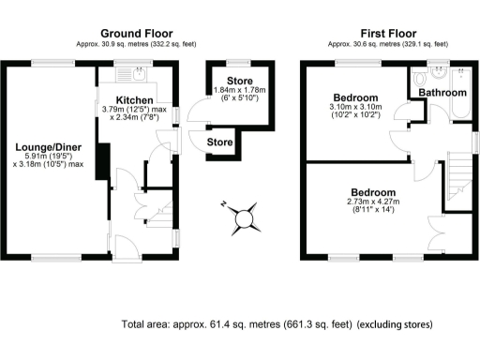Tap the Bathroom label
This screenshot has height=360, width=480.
[442, 93]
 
